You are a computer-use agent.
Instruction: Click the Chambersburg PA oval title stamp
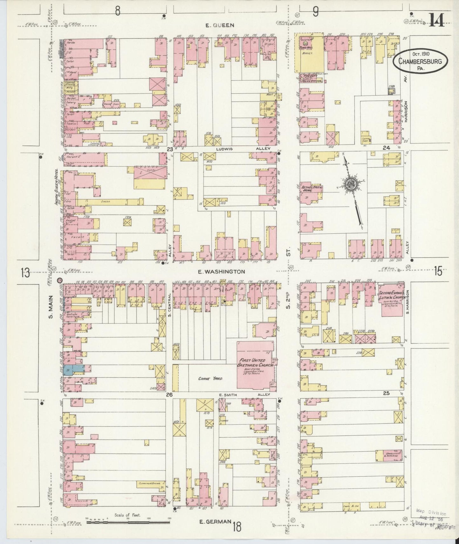click(421, 60)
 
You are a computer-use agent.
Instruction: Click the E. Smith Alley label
click(244, 395)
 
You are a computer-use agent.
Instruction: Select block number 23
click(170, 149)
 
